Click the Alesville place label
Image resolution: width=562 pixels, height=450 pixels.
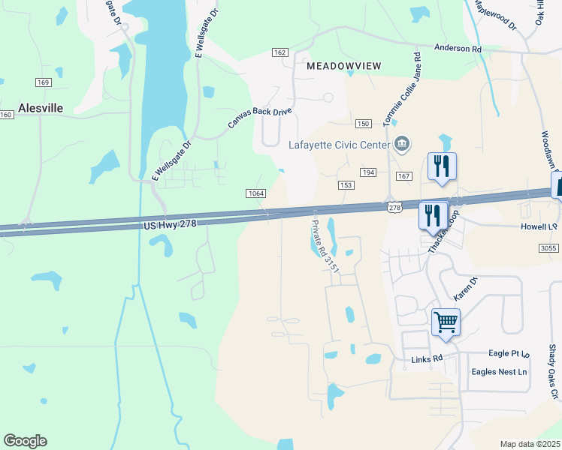41,108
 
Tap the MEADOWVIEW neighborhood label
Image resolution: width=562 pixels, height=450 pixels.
343,66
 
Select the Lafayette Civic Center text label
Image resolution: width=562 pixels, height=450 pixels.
340,145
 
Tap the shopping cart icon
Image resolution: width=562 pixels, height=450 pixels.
446,323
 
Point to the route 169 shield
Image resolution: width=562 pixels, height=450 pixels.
42,82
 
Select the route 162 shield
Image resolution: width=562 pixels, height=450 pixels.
280,52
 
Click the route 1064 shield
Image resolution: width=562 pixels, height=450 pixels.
255,193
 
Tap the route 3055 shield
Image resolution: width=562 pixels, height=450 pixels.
550,247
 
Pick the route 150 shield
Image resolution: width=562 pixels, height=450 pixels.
363,123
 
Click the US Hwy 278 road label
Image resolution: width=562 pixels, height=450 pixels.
169,225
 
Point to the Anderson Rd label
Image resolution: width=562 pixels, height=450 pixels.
458,49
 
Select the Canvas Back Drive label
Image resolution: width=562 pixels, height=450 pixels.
259,118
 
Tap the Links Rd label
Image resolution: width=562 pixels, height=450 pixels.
426,359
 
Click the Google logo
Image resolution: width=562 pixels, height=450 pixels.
25,441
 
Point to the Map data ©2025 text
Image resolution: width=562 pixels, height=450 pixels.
529,444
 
